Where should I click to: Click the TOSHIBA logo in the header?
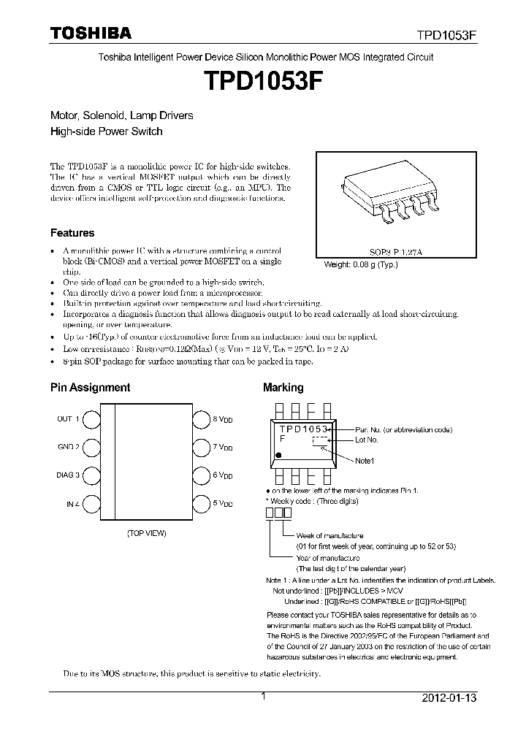[x=91, y=33]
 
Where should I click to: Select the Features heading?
[x=72, y=233]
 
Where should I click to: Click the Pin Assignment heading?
[x=90, y=388]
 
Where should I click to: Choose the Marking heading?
[x=283, y=388]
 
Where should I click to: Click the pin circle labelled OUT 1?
[x=91, y=419]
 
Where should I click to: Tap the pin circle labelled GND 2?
[x=91, y=447]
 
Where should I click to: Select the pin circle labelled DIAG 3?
[x=91, y=475]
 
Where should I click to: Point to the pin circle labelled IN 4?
[x=91, y=503]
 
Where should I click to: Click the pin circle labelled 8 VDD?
[x=202, y=419]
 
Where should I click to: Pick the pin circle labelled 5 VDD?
[x=202, y=503]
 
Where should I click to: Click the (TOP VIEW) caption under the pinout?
[x=146, y=533]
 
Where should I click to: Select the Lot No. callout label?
[x=367, y=440]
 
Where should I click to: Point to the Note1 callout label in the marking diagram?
[x=365, y=461]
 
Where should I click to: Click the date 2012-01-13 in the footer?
[x=449, y=698]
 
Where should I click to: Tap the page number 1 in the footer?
[x=263, y=697]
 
